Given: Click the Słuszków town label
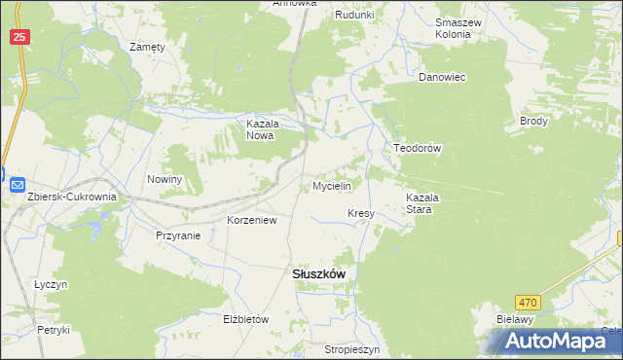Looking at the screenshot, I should (x=318, y=274).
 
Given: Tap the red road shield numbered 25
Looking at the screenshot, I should (x=21, y=37).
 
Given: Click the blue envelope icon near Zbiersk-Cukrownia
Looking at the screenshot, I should (x=17, y=184).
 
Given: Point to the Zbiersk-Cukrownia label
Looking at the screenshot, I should (x=72, y=197).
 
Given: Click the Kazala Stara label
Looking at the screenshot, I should (x=424, y=202).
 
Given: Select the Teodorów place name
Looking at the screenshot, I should (x=418, y=148).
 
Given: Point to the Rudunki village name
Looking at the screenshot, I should (x=354, y=15).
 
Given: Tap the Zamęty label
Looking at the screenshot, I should (x=148, y=46).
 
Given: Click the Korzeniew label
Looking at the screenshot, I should (x=252, y=220).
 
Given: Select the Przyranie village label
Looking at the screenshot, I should (x=178, y=235).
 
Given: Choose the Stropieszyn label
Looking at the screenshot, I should (x=351, y=347).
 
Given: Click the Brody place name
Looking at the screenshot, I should (x=534, y=122).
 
